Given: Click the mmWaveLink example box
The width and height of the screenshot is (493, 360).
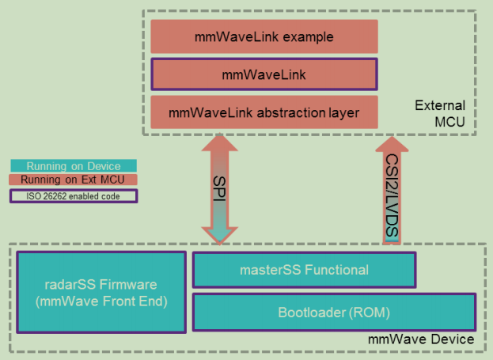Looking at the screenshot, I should [264, 37].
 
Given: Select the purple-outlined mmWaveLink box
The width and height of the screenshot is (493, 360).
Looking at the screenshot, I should [264, 75].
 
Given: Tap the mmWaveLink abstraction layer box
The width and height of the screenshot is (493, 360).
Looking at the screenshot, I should [264, 112].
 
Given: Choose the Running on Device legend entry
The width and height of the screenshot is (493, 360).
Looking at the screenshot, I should [73, 166].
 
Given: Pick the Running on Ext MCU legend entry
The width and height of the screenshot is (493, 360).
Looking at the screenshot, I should [73, 180].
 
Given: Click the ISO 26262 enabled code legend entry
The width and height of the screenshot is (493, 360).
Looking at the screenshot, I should [73, 195].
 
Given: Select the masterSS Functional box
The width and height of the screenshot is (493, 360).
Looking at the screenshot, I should [304, 270].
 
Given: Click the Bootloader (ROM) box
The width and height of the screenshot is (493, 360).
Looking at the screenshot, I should [333, 313].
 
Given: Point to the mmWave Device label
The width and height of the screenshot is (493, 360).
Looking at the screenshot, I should [421, 339].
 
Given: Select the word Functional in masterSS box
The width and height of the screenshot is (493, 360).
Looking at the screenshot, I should [336, 270].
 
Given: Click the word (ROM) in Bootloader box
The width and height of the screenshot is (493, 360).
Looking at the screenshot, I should [370, 313].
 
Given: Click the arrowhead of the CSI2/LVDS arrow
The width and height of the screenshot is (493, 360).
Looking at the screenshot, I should [393, 148].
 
